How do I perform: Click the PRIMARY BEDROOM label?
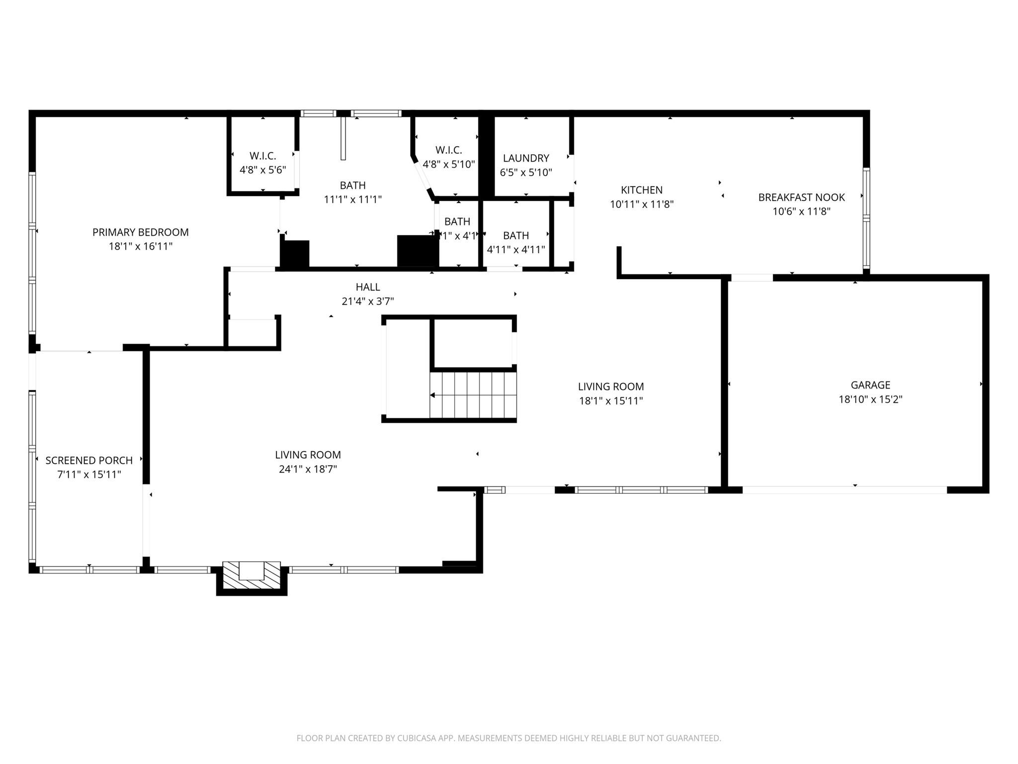click(x=140, y=232)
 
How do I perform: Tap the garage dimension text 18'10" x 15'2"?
click(x=870, y=399)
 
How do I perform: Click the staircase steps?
click(x=474, y=395)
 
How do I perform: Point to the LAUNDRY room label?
click(x=526, y=158)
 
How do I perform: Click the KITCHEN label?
click(x=641, y=190)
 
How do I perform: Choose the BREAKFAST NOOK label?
click(x=801, y=197)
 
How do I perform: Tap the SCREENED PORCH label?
click(x=89, y=461)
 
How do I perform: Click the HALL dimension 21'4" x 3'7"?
click(x=367, y=301)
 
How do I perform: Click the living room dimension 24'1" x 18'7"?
click(x=308, y=469)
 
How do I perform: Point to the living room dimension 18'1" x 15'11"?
click(x=610, y=401)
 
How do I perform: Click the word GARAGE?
click(x=870, y=385)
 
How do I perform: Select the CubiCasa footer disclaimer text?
click(x=509, y=738)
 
